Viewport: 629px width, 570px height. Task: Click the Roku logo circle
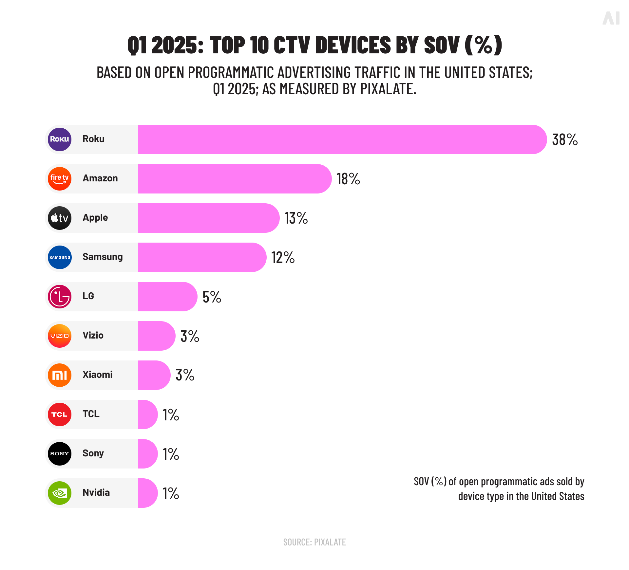60,139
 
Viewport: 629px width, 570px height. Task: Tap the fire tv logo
60,179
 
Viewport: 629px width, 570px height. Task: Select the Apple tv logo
60,218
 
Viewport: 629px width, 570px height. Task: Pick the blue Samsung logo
60,257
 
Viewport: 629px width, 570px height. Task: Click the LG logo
60,297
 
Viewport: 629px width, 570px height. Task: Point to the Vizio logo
60,336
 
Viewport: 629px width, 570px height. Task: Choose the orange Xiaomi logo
60,375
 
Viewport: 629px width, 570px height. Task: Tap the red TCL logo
60,414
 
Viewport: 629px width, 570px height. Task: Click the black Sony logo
60,454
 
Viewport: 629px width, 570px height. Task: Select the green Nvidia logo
60,493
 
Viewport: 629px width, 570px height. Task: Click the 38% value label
565,140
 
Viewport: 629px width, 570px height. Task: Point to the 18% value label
348,179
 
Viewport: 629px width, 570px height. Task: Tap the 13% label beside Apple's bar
296,218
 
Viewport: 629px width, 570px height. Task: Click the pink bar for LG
167,297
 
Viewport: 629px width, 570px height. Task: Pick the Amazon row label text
100,178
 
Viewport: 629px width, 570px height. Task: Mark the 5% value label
212,297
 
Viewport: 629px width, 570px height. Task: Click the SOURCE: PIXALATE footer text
314,542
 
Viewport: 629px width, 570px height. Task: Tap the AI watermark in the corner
611,18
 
